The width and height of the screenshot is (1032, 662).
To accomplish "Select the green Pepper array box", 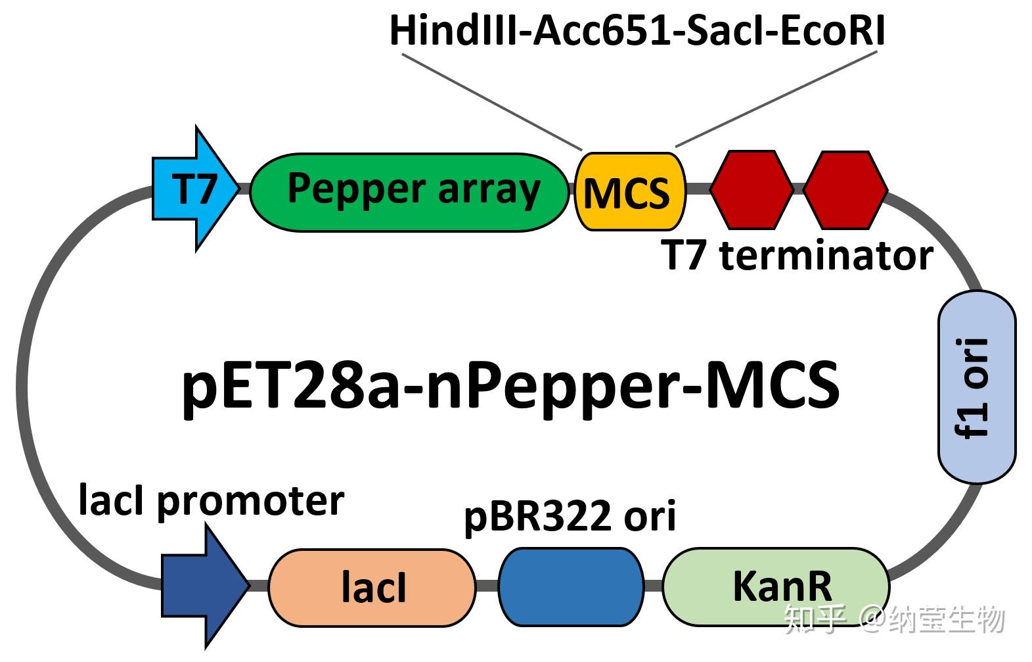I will click(410, 192).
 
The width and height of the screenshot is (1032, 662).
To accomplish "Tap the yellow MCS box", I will click(629, 192).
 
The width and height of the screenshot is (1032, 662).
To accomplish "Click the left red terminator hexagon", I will click(752, 189).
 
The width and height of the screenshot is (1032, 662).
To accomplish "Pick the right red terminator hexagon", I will click(845, 189).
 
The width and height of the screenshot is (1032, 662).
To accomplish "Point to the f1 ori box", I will click(976, 387).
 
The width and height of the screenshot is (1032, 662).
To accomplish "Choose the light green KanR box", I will click(776, 586).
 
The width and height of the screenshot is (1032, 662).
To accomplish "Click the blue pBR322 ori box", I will click(570, 586).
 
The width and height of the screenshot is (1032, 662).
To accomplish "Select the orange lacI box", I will click(372, 587).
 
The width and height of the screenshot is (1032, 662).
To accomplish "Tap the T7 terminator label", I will click(797, 256).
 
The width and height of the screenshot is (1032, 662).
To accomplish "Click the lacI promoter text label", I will click(211, 502).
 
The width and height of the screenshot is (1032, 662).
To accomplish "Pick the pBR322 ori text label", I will click(570, 517).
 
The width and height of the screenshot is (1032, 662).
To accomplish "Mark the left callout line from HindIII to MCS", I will click(491, 101).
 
